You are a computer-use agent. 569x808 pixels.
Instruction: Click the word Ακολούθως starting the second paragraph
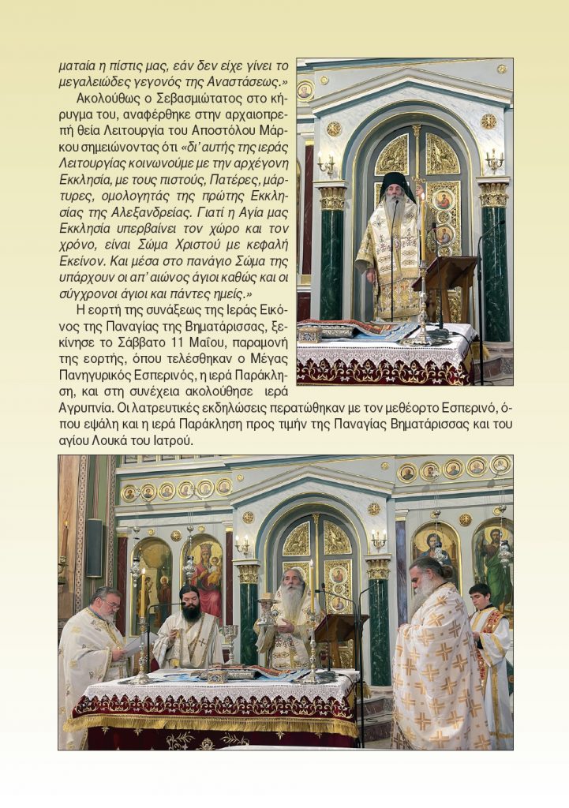103,100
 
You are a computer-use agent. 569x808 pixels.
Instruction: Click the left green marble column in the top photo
331,260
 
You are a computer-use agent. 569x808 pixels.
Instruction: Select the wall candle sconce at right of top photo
494,161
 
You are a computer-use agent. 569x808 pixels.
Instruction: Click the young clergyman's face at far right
480,597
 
